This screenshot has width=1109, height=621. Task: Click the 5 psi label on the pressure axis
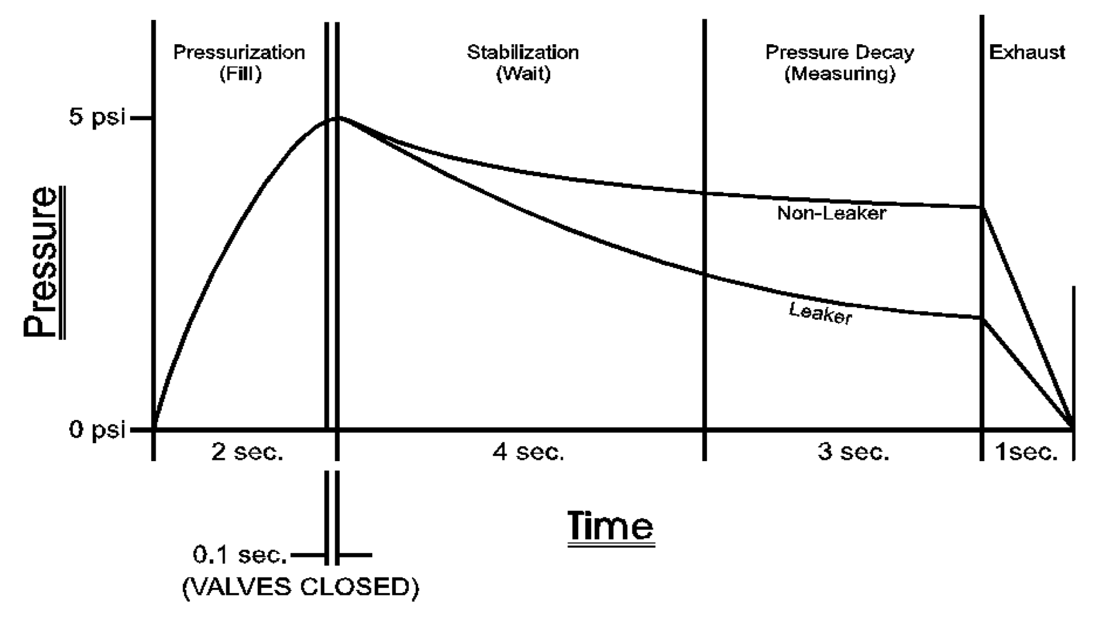(x=97, y=117)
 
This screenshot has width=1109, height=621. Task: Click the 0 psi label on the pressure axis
(x=97, y=429)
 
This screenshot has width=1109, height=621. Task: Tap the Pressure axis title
(x=42, y=263)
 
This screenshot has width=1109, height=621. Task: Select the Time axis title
(x=611, y=526)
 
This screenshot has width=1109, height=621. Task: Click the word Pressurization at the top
(x=239, y=52)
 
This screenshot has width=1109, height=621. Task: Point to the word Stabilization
(x=523, y=52)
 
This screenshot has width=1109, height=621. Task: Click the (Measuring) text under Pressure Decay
(x=840, y=74)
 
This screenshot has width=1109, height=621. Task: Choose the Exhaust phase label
(x=1027, y=52)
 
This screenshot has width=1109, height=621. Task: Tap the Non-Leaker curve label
(x=831, y=213)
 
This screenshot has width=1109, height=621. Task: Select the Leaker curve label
(x=820, y=313)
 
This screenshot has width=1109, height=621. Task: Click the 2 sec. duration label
(x=247, y=452)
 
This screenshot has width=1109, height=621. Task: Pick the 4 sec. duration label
(x=528, y=452)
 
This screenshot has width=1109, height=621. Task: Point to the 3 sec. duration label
(x=853, y=452)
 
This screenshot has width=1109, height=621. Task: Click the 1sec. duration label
(x=1027, y=452)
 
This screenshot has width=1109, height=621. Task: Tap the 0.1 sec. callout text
(x=240, y=555)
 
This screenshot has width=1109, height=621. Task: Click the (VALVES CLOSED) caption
(x=301, y=587)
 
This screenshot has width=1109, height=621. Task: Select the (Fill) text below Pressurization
(x=240, y=74)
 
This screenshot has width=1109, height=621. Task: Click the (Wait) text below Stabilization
(x=523, y=74)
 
